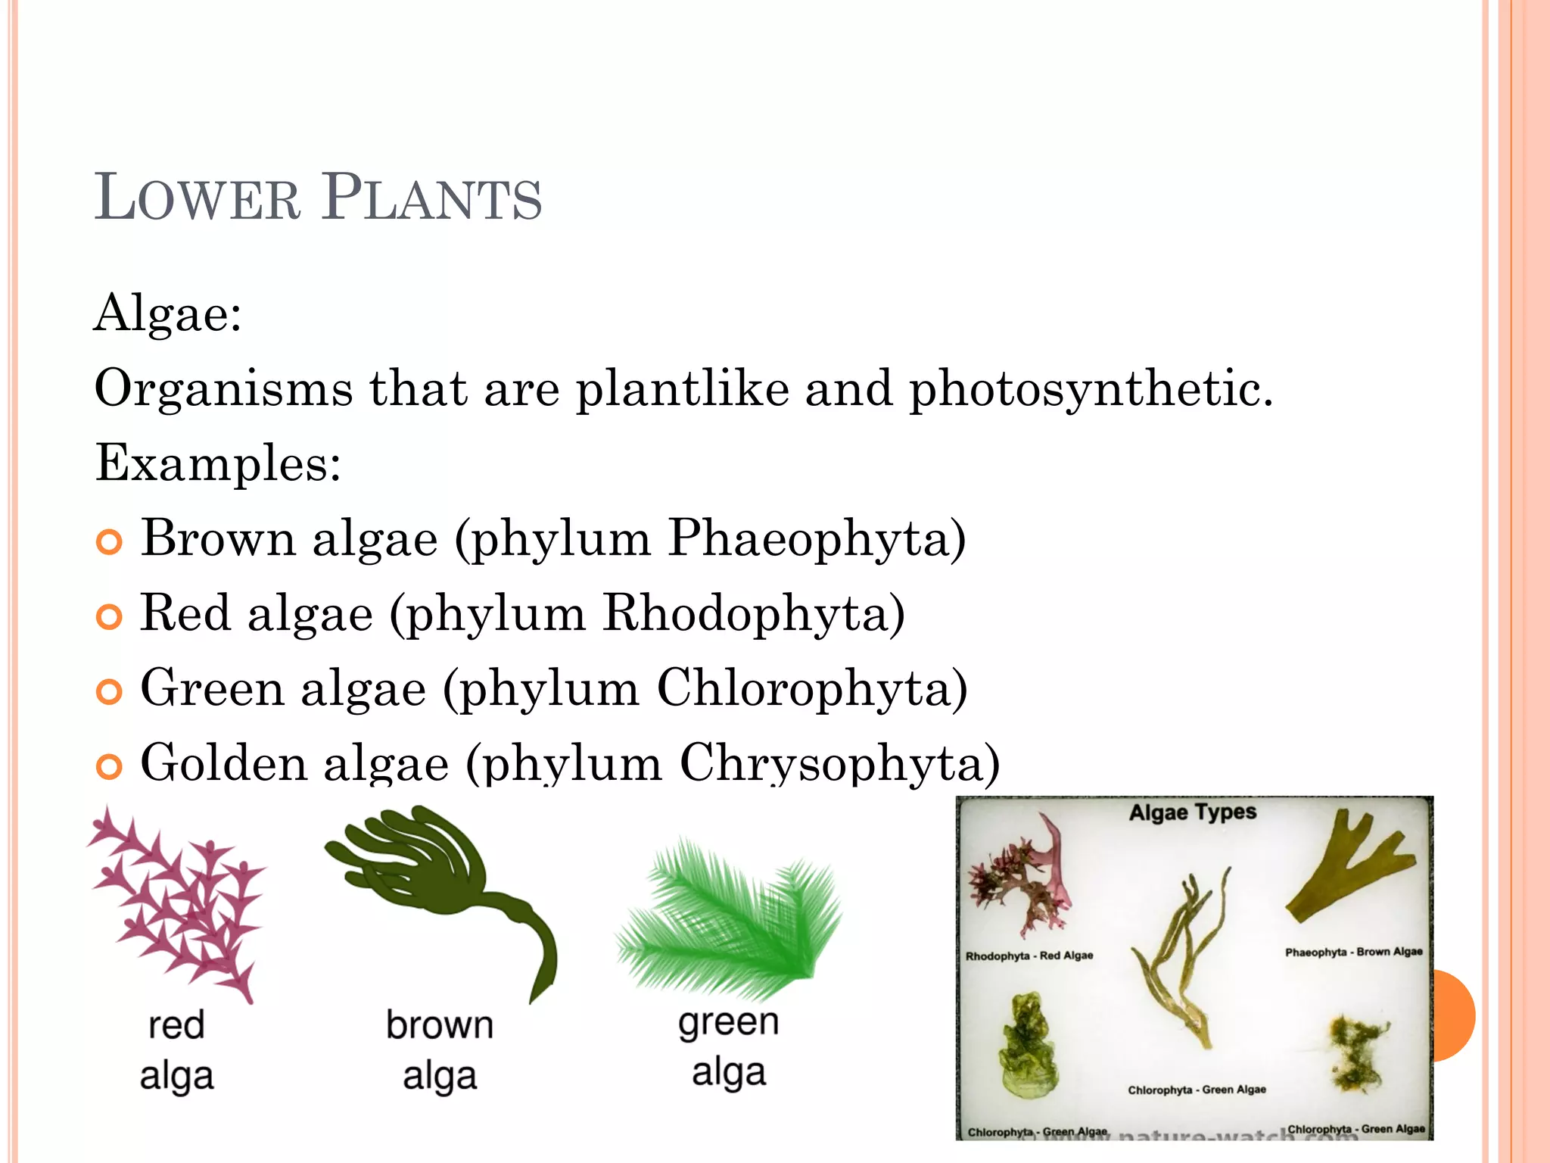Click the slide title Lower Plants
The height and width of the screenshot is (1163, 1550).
[318, 198]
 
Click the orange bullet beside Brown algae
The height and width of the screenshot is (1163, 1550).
[110, 542]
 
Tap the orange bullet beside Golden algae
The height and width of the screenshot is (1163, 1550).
[110, 766]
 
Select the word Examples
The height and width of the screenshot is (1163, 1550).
[217, 463]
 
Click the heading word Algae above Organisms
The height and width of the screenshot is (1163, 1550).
[167, 313]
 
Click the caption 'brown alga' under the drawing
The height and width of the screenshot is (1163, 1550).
[440, 1050]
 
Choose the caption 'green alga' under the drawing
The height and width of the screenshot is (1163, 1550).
[729, 1047]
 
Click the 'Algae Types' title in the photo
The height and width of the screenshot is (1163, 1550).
[1193, 812]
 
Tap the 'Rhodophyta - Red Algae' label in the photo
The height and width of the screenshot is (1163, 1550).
[1029, 956]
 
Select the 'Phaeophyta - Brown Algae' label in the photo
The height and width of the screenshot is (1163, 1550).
[1353, 952]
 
